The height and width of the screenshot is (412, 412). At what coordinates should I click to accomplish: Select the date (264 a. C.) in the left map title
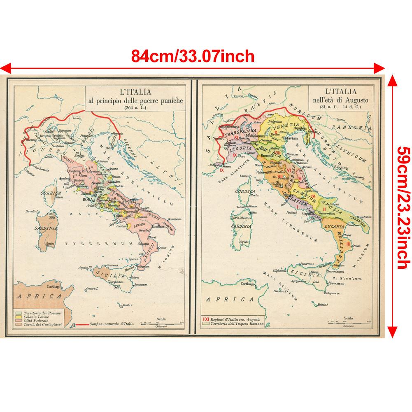[135, 107]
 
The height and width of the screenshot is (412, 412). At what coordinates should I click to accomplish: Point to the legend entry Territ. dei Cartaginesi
[40, 325]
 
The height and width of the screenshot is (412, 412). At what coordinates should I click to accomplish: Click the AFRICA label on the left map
[37, 296]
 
